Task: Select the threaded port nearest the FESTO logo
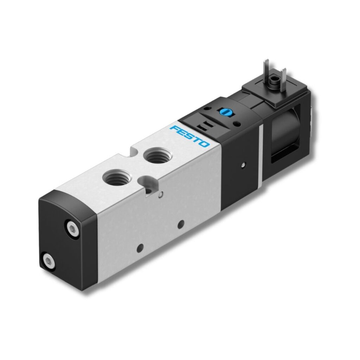[157, 155]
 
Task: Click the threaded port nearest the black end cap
[117, 176]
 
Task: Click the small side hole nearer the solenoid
[181, 224]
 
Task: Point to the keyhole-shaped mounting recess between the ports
[147, 184]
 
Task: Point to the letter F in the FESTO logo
[174, 128]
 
